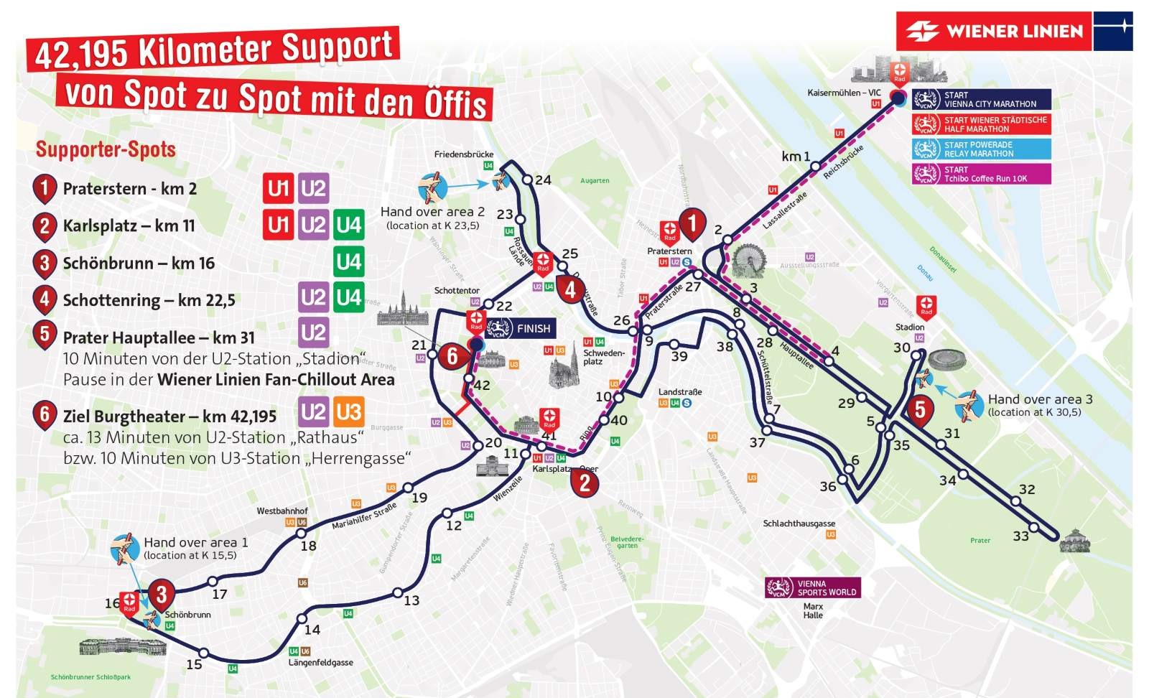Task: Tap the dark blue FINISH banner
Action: click(521, 329)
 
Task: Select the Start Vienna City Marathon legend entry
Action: click(981, 99)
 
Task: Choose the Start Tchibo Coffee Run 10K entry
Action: click(981, 174)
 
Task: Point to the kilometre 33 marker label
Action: click(1020, 536)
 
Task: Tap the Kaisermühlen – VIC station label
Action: click(843, 93)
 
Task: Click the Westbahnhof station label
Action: click(282, 511)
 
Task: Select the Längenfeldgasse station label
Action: click(320, 662)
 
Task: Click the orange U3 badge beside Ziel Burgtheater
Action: click(348, 412)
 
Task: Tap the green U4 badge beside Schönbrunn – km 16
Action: click(348, 262)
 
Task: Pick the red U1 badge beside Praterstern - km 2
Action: click(278, 188)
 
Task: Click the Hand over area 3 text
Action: click(1040, 399)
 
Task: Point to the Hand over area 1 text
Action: click(195, 542)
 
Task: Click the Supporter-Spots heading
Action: click(106, 149)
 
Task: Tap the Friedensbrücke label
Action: click(463, 154)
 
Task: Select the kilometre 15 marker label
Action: click(194, 664)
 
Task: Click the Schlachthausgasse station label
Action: click(799, 523)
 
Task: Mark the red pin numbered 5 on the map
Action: click(920, 411)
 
